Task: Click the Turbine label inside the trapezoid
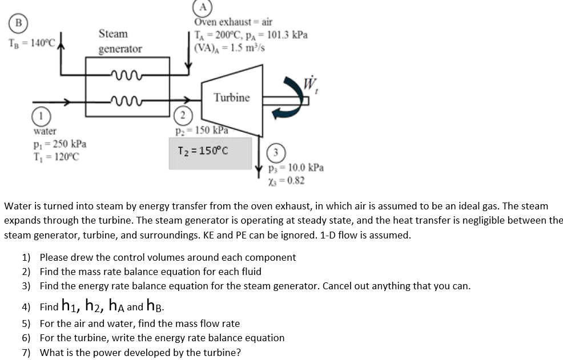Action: pyautogui.click(x=231, y=98)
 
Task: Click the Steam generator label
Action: pyautogui.click(x=120, y=42)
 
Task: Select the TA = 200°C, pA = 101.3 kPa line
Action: pyautogui.click(x=251, y=35)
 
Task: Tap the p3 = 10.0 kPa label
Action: pyautogui.click(x=296, y=168)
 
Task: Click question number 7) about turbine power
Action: pyautogui.click(x=140, y=352)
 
